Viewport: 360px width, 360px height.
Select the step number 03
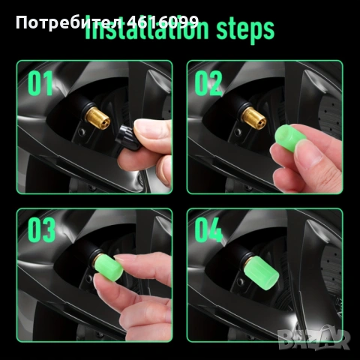tap(43, 230)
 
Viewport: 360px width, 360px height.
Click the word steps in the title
tap(240, 30)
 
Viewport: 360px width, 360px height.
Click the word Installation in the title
tap(142, 30)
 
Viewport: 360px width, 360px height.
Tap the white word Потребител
tap(49, 21)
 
